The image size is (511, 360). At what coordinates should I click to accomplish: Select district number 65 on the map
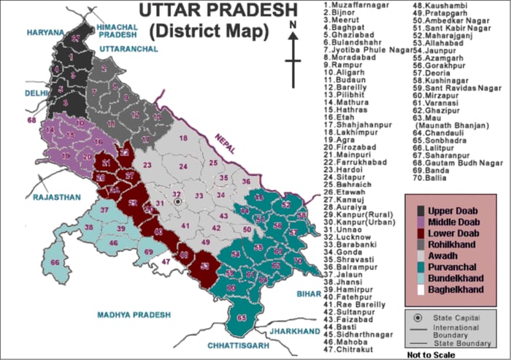coord(242,318)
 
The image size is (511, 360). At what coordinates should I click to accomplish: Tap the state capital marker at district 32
coord(176,201)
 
